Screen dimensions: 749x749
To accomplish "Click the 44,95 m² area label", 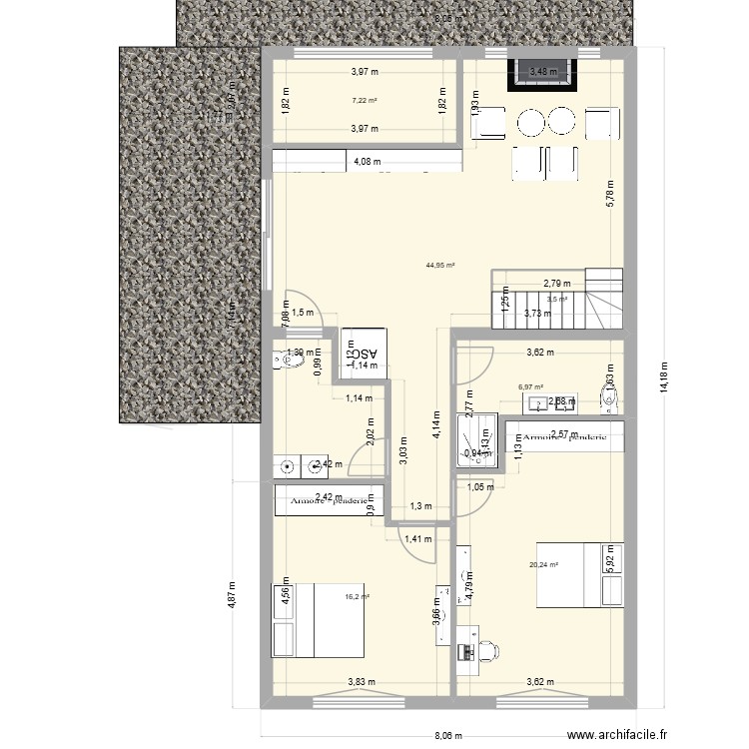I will (440, 265).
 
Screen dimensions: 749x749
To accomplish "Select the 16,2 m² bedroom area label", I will (357, 597).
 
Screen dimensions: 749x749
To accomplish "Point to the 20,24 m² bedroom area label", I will (543, 564).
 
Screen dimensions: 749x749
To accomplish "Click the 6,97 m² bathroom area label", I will (530, 387).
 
